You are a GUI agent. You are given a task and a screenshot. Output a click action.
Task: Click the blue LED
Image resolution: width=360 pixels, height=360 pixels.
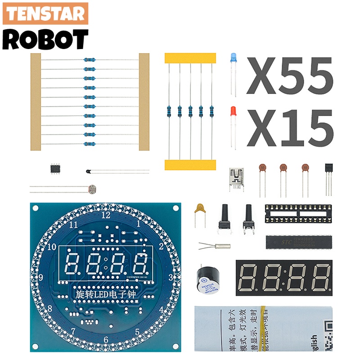click(233, 58)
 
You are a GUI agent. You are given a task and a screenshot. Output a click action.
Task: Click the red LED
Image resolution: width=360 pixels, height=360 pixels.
click(233, 112)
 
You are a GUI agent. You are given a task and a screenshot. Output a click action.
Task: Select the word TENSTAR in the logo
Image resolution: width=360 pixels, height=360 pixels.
click(45, 14)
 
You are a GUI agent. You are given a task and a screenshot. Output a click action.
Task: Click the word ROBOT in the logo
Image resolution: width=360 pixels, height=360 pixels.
click(45, 40)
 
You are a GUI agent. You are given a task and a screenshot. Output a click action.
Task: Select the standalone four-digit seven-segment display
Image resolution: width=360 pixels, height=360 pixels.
click(284, 278)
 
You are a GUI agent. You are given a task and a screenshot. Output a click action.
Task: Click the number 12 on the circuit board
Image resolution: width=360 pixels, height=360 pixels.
click(106, 215)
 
